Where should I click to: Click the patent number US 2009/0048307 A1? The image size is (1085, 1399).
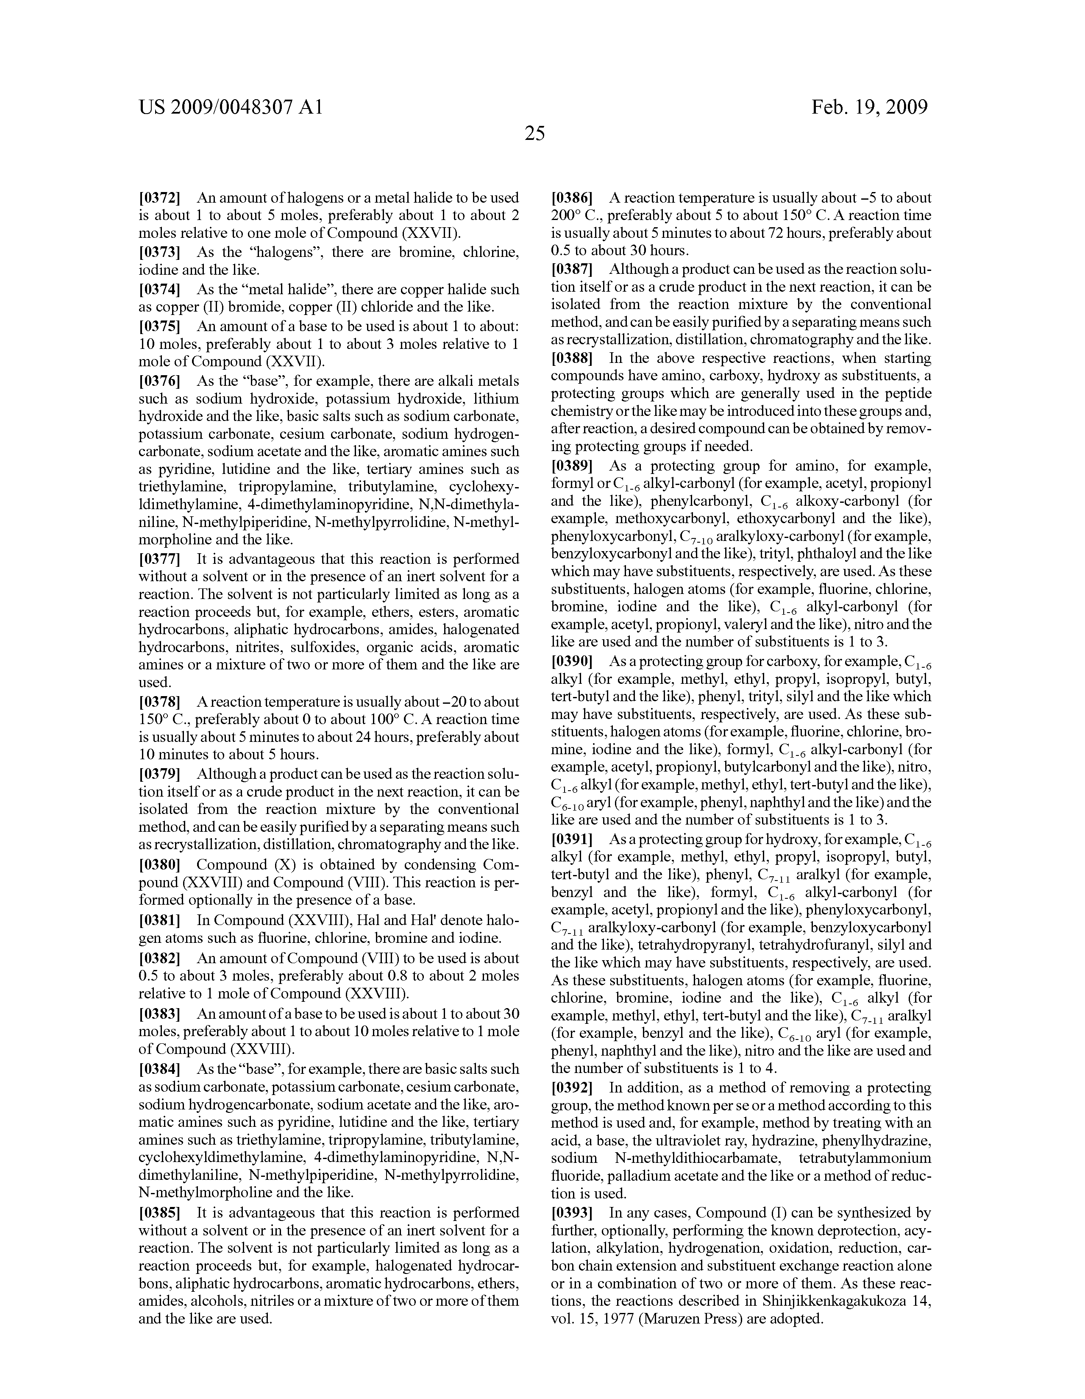click(x=231, y=107)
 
